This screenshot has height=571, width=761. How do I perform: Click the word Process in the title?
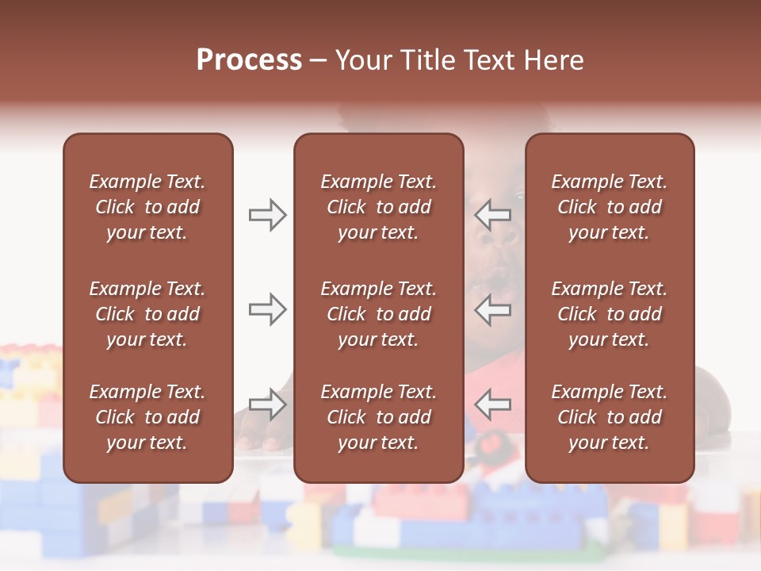click(x=249, y=60)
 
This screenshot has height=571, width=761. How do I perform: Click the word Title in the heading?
click(x=429, y=60)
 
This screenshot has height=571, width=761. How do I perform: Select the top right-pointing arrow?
click(x=268, y=215)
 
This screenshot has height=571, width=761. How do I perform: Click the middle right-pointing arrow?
click(x=268, y=309)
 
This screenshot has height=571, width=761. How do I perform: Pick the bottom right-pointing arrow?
click(x=268, y=404)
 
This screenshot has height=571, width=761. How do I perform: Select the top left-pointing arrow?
click(x=493, y=215)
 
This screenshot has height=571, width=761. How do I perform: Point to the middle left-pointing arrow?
click(x=493, y=309)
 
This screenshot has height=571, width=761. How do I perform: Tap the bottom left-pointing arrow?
click(x=493, y=404)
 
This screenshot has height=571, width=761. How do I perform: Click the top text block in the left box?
click(x=147, y=207)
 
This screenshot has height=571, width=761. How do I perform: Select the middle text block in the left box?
click(x=147, y=314)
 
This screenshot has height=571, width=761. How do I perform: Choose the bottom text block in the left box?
click(x=147, y=417)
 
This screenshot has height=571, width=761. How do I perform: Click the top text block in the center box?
click(x=379, y=207)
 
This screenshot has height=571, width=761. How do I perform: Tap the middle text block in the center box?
click(x=379, y=314)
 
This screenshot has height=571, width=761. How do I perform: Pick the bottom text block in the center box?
click(x=379, y=417)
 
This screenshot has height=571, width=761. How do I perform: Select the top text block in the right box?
click(x=610, y=207)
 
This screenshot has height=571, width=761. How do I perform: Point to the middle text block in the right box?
click(x=610, y=314)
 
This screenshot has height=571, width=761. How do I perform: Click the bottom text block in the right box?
click(x=610, y=417)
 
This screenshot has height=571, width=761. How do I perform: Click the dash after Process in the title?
click(x=319, y=61)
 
